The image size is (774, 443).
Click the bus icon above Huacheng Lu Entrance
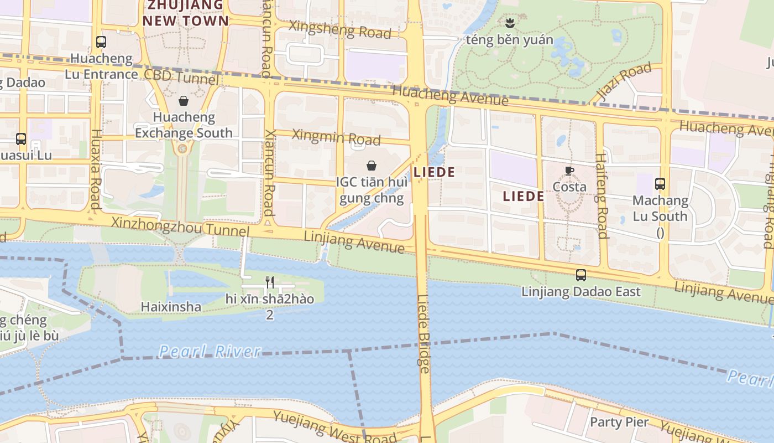[101, 42]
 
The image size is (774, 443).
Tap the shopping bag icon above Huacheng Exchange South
[184, 101]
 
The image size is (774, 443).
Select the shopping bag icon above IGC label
[372, 166]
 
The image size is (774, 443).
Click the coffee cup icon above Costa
[569, 171]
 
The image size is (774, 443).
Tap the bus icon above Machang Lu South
[660, 184]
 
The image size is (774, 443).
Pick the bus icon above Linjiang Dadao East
[580, 275]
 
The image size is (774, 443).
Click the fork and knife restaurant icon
[270, 282]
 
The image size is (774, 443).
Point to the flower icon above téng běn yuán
[509, 23]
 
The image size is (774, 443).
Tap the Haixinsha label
[171, 306]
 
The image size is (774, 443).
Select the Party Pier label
[619, 422]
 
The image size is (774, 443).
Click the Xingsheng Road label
[339, 29]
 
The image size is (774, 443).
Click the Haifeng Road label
[602, 196]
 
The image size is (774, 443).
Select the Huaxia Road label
[96, 169]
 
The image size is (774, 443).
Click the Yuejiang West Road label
[334, 427]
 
